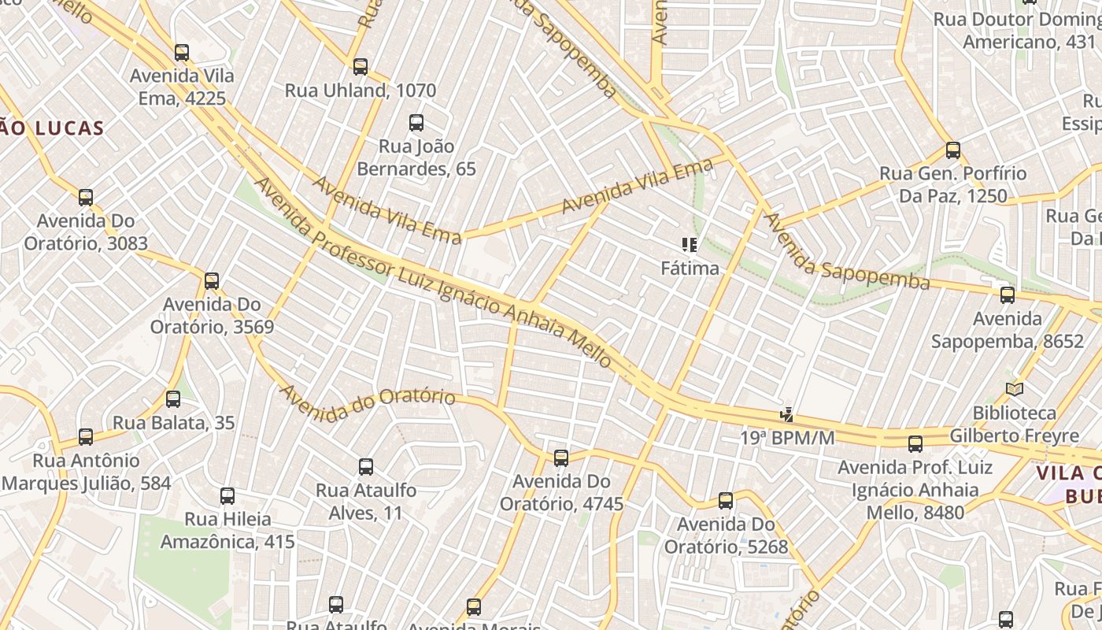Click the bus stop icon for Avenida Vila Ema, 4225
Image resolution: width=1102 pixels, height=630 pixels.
pyautogui.click(x=182, y=53)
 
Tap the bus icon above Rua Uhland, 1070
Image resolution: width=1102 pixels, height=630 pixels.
pyautogui.click(x=361, y=67)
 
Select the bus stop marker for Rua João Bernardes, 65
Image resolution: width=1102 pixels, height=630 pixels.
pyautogui.click(x=416, y=123)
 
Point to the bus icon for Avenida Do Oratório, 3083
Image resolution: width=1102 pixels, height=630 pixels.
pyautogui.click(x=86, y=198)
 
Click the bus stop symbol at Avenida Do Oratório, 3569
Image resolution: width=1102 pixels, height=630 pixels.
pyautogui.click(x=212, y=281)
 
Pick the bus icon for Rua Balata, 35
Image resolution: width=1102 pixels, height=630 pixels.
pyautogui.click(x=173, y=399)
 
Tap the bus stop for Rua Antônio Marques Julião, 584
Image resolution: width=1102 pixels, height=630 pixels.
pyautogui.click(x=86, y=437)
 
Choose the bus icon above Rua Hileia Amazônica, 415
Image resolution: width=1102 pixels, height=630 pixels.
pyautogui.click(x=227, y=496)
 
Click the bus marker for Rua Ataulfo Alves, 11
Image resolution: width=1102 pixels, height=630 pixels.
pyautogui.click(x=366, y=467)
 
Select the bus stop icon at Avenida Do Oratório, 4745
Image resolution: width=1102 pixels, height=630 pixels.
pyautogui.click(x=561, y=458)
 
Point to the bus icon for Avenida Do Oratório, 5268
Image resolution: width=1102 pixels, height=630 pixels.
pyautogui.click(x=726, y=501)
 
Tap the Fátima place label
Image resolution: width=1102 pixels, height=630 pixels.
pyautogui.click(x=690, y=269)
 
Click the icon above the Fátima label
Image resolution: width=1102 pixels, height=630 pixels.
pyautogui.click(x=690, y=245)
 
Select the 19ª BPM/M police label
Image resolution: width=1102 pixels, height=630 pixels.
pyautogui.click(x=787, y=437)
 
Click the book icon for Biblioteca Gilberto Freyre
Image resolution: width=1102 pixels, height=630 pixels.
pyautogui.click(x=1015, y=390)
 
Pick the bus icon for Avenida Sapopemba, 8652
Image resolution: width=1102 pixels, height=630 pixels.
pyautogui.click(x=1008, y=295)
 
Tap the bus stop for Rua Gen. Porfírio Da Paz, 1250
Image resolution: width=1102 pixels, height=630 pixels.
pyautogui.click(x=953, y=150)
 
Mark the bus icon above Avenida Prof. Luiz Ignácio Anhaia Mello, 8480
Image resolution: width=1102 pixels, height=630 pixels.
pyautogui.click(x=915, y=444)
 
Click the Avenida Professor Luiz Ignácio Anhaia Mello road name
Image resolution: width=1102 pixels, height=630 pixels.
pyautogui.click(x=433, y=272)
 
